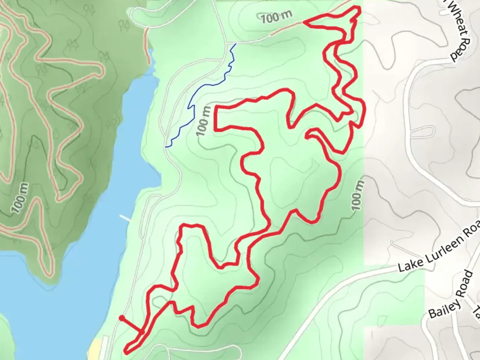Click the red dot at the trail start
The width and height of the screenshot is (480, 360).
tap(122, 318)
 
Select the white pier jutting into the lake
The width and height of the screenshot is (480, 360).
tap(125, 218)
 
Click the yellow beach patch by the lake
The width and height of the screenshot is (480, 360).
tap(96, 348)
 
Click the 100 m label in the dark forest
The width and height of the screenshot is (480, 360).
tap(20, 198)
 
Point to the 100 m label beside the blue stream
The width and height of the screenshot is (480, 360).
tap(204, 121)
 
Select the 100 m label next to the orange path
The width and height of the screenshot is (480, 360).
tap(276, 16)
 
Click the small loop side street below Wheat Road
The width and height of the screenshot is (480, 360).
tap(423, 132)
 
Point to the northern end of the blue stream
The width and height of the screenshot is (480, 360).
tap(236, 44)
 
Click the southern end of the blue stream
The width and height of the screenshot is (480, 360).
tap(166, 146)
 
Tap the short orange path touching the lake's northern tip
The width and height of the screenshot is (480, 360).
tap(147, 43)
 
